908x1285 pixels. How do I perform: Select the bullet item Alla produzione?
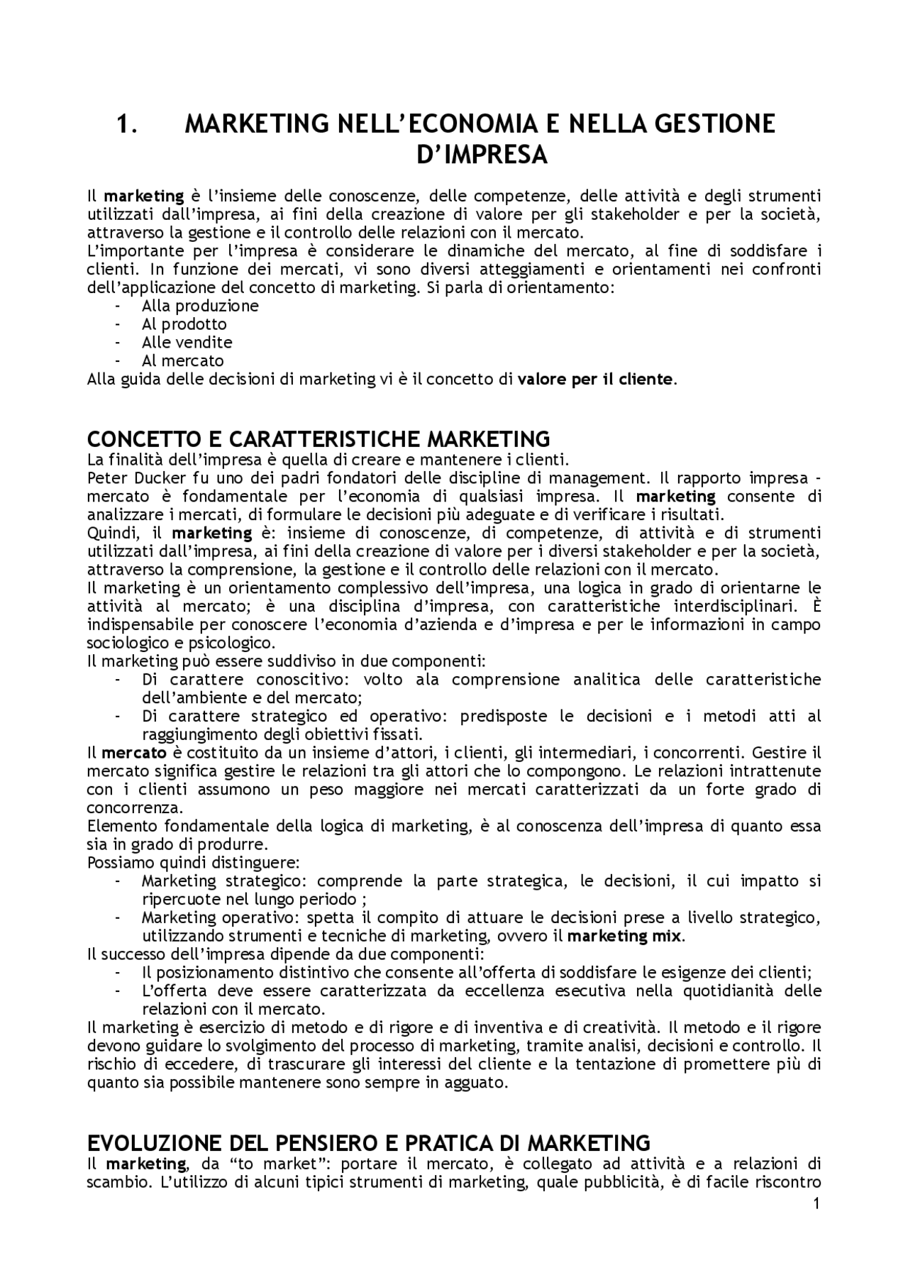[x=200, y=307]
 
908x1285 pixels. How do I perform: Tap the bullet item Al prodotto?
[x=184, y=325]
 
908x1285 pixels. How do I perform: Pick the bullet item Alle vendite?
[x=187, y=343]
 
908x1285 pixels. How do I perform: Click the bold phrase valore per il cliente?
[x=594, y=379]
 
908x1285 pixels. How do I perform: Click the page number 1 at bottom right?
[x=816, y=1184]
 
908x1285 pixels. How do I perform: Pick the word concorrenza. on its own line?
[x=135, y=807]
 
